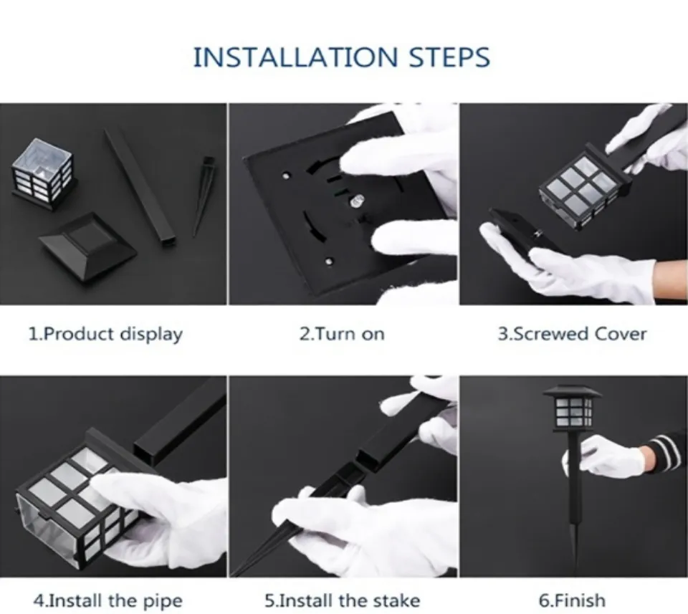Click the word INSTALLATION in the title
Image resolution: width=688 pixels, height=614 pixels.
pos(295,57)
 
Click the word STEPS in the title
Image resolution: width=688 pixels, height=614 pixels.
pos(449,57)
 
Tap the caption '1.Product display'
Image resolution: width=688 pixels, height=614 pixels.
pos(105,334)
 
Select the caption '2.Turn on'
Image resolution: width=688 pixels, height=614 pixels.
pos(343,334)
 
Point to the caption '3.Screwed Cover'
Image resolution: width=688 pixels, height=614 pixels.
pos(572,334)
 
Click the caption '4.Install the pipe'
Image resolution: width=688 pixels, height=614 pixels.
pos(107,600)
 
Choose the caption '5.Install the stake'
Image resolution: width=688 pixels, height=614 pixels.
pos(343,600)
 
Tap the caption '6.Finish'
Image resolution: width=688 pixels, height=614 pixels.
pos(572,600)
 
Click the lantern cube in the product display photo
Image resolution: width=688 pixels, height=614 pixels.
pos(42,173)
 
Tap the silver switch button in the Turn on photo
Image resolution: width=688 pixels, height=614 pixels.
pos(355,202)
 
